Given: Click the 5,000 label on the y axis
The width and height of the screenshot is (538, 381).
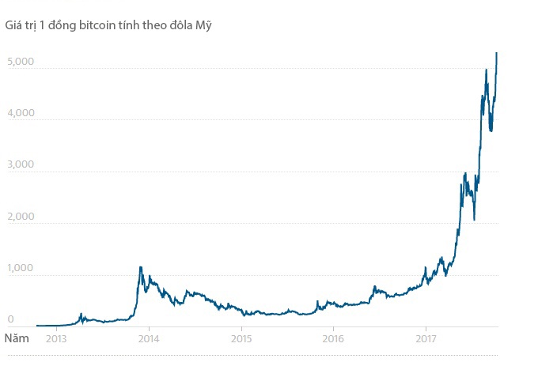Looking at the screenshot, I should (20, 61).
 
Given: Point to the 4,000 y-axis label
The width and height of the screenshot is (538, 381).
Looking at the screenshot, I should (20, 113).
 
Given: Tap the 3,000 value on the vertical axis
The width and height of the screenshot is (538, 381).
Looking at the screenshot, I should (20, 165).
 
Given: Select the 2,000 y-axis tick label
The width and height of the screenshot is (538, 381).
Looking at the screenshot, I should (20, 217).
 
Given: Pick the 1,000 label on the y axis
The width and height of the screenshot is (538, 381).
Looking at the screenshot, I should (20, 269).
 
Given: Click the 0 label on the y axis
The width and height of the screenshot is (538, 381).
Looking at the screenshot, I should (11, 319).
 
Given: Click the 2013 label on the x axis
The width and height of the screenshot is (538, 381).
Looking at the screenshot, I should (56, 339).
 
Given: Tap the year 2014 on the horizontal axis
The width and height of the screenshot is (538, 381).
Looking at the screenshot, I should (148, 339).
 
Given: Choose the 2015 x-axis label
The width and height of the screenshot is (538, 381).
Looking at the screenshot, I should (241, 339).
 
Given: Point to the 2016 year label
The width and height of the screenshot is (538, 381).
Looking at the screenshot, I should (334, 339).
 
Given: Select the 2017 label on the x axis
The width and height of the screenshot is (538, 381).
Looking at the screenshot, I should (426, 339).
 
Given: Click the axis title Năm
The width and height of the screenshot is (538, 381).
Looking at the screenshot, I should (18, 338).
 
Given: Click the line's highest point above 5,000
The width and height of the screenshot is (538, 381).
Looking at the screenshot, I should (496, 53).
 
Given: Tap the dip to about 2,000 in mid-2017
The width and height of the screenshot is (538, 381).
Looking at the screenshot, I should (474, 219).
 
